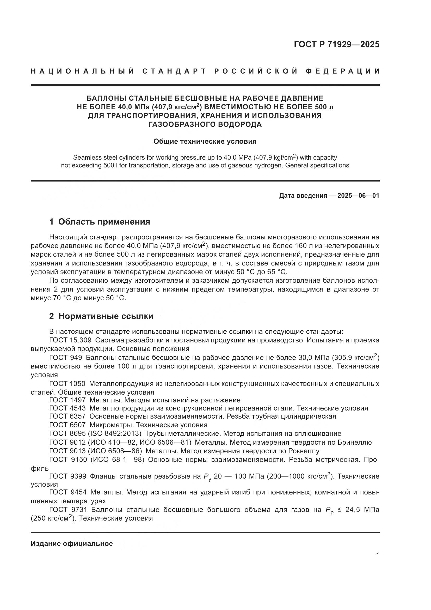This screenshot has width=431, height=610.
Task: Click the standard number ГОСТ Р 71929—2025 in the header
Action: pyautogui.click(x=336, y=44)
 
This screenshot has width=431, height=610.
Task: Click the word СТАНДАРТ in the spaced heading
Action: pyautogui.click(x=174, y=71)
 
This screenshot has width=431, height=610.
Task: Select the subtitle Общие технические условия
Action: pyautogui.click(x=205, y=142)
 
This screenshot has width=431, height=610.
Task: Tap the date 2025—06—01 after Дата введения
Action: pyautogui.click(x=358, y=196)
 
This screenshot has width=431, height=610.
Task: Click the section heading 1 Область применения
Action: pyautogui.click(x=100, y=222)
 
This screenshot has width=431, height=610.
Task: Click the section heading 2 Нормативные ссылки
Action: pyautogui.click(x=101, y=316)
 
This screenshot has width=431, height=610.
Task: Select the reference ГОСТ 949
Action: pyautogui.click(x=66, y=358)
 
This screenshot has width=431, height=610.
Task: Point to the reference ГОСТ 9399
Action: pyautogui.click(x=68, y=476)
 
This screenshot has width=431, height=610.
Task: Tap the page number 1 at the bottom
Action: pyautogui.click(x=378, y=555)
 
